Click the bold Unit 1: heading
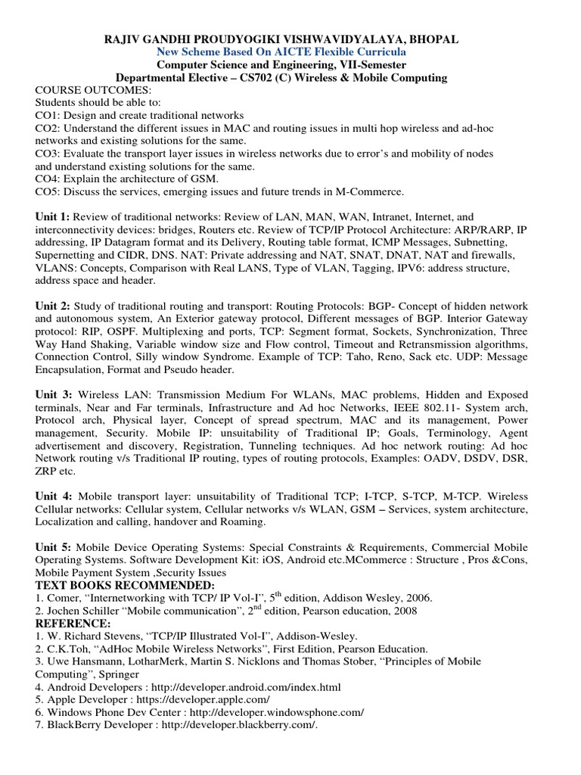53,216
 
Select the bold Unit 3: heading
53,395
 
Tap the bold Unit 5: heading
53,546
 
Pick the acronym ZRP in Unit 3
48,472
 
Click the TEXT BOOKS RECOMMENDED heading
125,585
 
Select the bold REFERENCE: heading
73,623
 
